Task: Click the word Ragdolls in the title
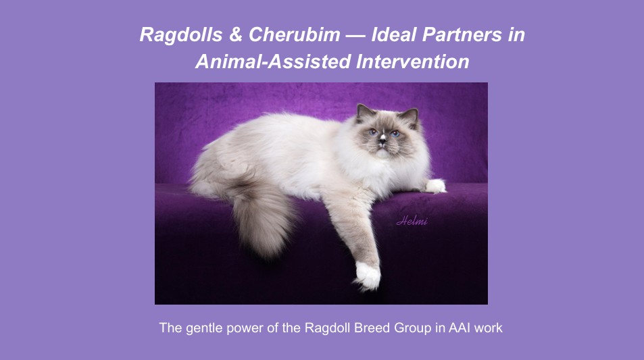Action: [x=181, y=34]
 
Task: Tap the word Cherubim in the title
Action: [x=295, y=34]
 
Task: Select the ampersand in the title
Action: [x=236, y=34]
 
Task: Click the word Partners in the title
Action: [x=462, y=34]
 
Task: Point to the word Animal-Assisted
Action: [x=273, y=62]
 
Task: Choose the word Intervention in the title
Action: [x=413, y=62]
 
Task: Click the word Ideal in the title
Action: [x=394, y=34]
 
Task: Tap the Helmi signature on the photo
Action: [x=412, y=221]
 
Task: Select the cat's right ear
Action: [x=363, y=111]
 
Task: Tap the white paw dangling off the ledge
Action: [x=367, y=276]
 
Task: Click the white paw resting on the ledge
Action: [x=435, y=186]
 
